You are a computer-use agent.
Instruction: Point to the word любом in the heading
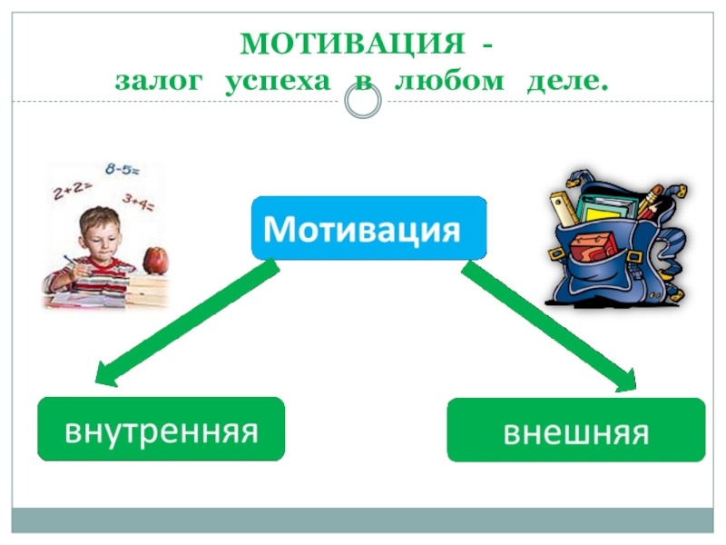(x=450, y=82)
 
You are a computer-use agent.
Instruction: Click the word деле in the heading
(x=565, y=82)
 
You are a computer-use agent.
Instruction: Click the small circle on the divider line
(x=363, y=103)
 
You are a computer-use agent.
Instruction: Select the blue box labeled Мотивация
(x=368, y=227)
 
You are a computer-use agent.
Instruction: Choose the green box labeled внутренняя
(x=161, y=429)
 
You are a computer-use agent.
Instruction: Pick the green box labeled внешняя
(x=575, y=431)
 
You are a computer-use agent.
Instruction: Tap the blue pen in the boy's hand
(x=67, y=264)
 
